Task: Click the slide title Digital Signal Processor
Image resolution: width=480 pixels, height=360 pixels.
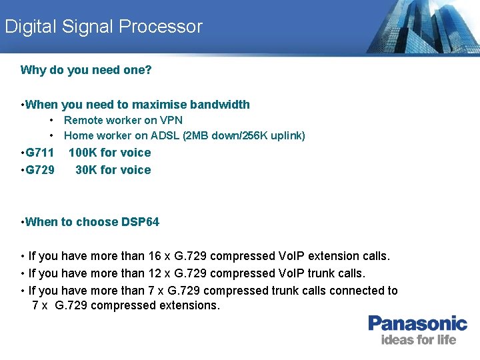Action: [103, 27]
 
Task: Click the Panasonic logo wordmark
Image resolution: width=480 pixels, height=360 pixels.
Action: [418, 324]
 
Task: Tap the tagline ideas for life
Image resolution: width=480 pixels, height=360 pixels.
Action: [418, 340]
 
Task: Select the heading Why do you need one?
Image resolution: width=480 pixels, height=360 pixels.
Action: [86, 70]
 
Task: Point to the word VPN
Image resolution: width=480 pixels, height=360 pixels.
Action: [170, 121]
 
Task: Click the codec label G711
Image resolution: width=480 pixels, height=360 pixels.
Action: [39, 153]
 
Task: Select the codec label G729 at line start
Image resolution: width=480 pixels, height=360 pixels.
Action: [39, 170]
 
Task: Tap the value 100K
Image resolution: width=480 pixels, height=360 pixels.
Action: [83, 153]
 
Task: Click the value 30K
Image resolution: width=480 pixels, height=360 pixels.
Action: [86, 170]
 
